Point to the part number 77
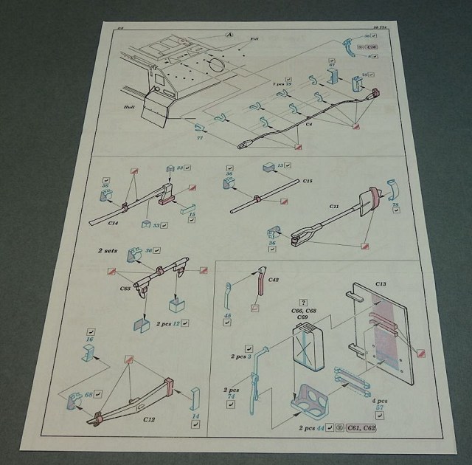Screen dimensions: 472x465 pyautogui.click(x=200, y=137)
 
